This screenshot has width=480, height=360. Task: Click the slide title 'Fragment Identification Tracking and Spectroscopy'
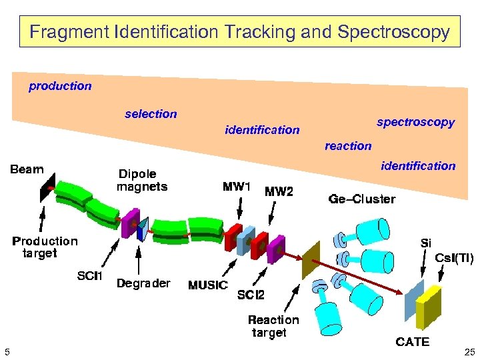pyautogui.click(x=240, y=31)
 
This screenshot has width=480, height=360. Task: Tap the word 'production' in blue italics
pyautogui.click(x=60, y=86)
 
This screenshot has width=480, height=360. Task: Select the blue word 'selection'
pyautogui.click(x=151, y=114)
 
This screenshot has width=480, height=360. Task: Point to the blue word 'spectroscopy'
pyautogui.click(x=415, y=122)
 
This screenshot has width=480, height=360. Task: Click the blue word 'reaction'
pyautogui.click(x=348, y=146)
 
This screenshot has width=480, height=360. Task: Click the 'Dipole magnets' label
pyautogui.click(x=142, y=181)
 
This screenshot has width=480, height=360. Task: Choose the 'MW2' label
pyautogui.click(x=279, y=192)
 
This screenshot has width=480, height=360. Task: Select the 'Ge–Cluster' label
pyautogui.click(x=362, y=199)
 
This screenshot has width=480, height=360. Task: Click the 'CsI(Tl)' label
pyautogui.click(x=454, y=258)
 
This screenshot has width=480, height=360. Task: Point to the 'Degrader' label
pyautogui.click(x=143, y=283)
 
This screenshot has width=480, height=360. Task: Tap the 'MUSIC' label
pyautogui.click(x=208, y=285)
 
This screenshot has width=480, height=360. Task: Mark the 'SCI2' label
pyautogui.click(x=251, y=295)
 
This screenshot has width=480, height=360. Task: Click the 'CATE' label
pyautogui.click(x=413, y=342)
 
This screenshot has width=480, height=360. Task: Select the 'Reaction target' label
pyautogui.click(x=273, y=326)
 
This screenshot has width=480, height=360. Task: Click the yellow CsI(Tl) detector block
pyautogui.click(x=429, y=307)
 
